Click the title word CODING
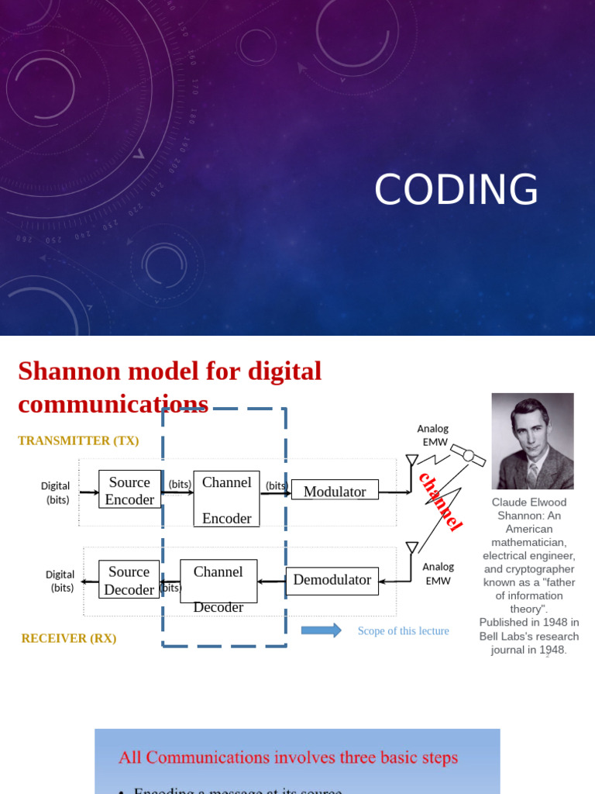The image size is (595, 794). pyautogui.click(x=456, y=190)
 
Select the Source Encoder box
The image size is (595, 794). pyautogui.click(x=129, y=490)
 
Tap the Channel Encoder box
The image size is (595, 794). pyautogui.click(x=226, y=499)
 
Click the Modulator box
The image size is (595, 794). pyautogui.click(x=335, y=491)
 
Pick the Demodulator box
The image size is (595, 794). pyautogui.click(x=332, y=580)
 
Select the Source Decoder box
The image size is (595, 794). pyautogui.click(x=129, y=580)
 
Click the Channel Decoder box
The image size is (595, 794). pyautogui.click(x=218, y=582)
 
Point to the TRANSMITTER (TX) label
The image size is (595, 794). pyautogui.click(x=78, y=440)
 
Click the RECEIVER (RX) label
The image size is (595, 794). pyautogui.click(x=69, y=638)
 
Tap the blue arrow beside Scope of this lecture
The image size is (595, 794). pyautogui.click(x=321, y=630)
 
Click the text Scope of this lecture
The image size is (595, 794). pyautogui.click(x=403, y=630)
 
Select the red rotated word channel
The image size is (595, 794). pyautogui.click(x=440, y=501)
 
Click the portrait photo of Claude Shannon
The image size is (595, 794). pyautogui.click(x=532, y=440)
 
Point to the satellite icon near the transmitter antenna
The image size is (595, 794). pyautogui.click(x=468, y=456)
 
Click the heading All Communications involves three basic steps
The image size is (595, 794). pyautogui.click(x=287, y=757)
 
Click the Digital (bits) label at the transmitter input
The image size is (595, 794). pyautogui.click(x=56, y=492)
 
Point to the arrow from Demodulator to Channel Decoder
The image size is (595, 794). pyautogui.click(x=271, y=581)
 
